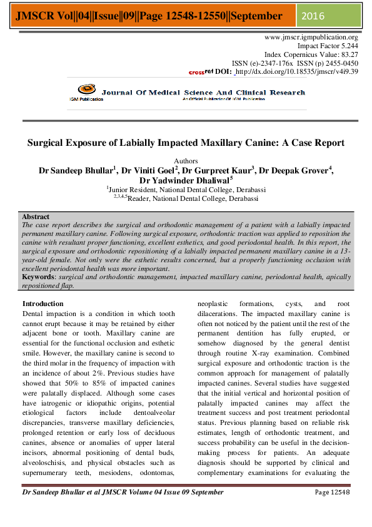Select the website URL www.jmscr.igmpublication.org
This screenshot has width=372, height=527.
point(312,38)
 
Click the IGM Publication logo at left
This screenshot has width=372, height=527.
point(86,95)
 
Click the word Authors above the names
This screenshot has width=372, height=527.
point(186,161)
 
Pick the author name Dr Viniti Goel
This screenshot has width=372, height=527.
point(148,170)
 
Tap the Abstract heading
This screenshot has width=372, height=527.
point(36,217)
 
